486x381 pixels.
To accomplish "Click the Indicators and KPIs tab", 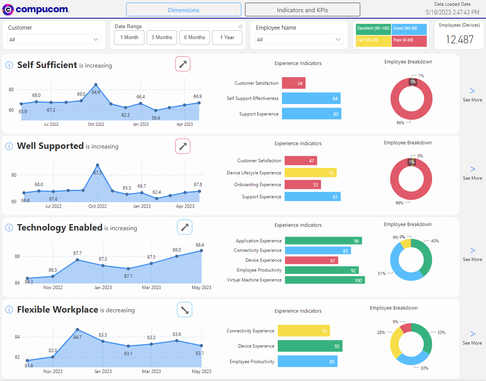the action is click(x=302, y=9).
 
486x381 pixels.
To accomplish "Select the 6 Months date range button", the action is click(x=194, y=37).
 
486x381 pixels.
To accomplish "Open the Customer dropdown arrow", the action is click(x=96, y=40).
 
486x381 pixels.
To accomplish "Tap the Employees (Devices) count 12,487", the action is click(x=459, y=40).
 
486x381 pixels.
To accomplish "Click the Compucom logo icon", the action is click(x=8, y=9).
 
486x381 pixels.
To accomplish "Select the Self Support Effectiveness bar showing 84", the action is click(x=311, y=98).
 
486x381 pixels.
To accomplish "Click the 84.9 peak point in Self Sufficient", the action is click(x=96, y=85).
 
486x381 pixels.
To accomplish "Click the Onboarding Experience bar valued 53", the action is click(x=302, y=185).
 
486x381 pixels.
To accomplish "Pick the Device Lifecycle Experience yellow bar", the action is click(x=310, y=172).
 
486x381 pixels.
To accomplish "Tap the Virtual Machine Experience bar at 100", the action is click(x=325, y=280).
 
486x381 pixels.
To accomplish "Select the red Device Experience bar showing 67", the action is click(x=311, y=260).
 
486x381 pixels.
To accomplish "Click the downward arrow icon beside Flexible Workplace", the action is click(x=185, y=310).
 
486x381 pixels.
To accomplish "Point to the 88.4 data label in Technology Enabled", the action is click(x=200, y=245).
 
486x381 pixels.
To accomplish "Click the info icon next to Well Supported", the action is click(x=9, y=146).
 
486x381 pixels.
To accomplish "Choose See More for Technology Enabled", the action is click(x=472, y=254).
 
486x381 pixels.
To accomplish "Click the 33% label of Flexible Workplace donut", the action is click(x=441, y=332).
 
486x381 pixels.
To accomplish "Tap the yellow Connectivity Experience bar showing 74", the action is click(x=304, y=331).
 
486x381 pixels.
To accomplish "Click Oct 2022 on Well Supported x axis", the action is click(x=98, y=206).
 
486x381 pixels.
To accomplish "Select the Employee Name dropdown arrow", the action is click(x=338, y=40).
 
